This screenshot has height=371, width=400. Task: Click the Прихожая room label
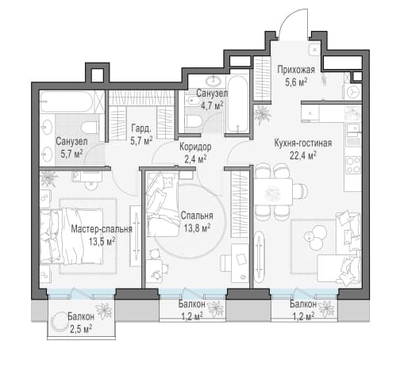click(x=296, y=70)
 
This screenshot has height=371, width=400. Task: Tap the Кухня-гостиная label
click(x=303, y=143)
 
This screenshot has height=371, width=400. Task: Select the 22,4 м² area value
click(x=303, y=155)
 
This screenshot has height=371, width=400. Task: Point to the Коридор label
click(x=195, y=147)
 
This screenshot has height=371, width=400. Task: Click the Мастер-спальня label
click(x=102, y=229)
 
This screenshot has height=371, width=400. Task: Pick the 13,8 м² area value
click(x=197, y=228)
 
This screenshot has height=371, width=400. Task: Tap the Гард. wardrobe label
click(x=141, y=128)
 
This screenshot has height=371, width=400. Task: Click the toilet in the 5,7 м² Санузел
click(x=90, y=128)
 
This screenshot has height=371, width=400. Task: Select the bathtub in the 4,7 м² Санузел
click(x=238, y=104)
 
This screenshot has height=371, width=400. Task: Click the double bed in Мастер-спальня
click(x=71, y=236)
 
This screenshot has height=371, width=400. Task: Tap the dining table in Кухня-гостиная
click(x=273, y=192)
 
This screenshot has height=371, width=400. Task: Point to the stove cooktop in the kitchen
click(x=353, y=165)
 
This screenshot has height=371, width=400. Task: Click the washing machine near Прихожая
click(x=354, y=92)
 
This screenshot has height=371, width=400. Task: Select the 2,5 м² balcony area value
click(x=81, y=329)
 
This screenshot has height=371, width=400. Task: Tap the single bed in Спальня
click(x=163, y=204)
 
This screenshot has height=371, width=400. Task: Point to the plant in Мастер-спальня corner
click(x=48, y=178)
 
